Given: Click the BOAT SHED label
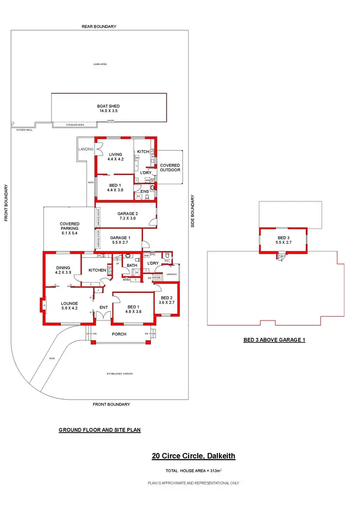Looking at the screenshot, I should [x=108, y=106].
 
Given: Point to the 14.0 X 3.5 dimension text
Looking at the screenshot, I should [x=108, y=111].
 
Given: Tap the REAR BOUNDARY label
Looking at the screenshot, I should [x=99, y=26].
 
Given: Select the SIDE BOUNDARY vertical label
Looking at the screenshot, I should [x=193, y=211].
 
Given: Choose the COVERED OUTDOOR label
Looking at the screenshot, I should [x=170, y=167].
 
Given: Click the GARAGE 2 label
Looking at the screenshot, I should [x=128, y=213].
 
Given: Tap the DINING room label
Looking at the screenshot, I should [x=63, y=268].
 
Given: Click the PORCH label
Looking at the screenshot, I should [x=119, y=334].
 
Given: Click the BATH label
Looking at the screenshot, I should [x=132, y=265].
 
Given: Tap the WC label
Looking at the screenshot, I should [x=168, y=261].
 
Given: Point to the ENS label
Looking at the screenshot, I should [x=144, y=191].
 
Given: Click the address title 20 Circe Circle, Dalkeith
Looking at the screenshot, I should [x=193, y=456].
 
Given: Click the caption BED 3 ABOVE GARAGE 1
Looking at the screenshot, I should [x=274, y=340].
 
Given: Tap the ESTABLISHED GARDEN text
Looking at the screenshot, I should [x=119, y=374].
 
